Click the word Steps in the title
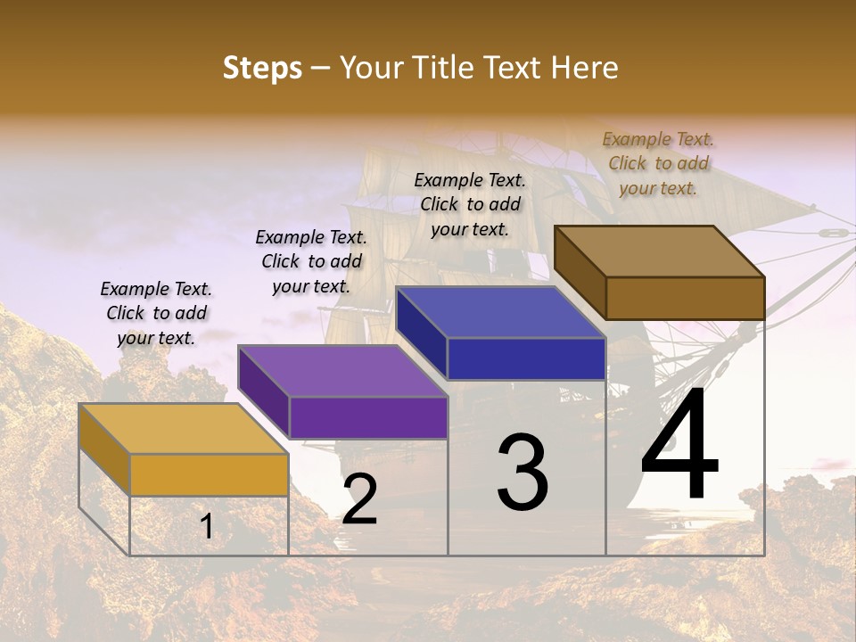click(x=262, y=68)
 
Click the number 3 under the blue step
click(x=522, y=473)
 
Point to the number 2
click(x=359, y=499)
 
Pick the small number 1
click(x=206, y=527)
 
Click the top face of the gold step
click(x=184, y=429)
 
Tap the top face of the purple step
click(x=342, y=371)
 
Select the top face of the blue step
click(x=501, y=313)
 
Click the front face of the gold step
click(x=209, y=474)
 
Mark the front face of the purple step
click(x=367, y=417)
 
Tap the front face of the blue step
click(x=526, y=358)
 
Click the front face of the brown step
click(x=685, y=298)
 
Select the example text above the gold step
click(x=156, y=313)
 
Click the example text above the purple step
click(x=311, y=261)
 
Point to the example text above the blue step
click(x=470, y=204)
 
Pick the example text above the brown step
click(x=658, y=163)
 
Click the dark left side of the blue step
click(x=421, y=332)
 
